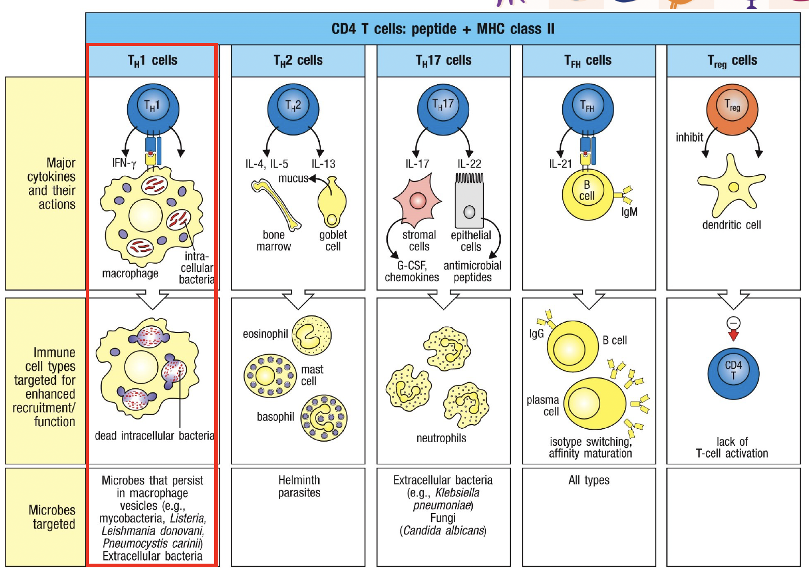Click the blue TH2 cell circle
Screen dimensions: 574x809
click(x=293, y=109)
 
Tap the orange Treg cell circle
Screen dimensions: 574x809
click(x=732, y=109)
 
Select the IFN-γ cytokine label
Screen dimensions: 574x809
click(x=124, y=163)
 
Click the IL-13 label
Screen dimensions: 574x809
click(x=323, y=164)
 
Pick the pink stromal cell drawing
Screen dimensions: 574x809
click(x=418, y=200)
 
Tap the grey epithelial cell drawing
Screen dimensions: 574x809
click(x=469, y=202)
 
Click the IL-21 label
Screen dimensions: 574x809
click(x=560, y=164)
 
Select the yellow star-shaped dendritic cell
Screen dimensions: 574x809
click(x=731, y=186)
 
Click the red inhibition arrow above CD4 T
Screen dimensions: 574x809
click(x=733, y=336)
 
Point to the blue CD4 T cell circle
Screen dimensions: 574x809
click(x=733, y=373)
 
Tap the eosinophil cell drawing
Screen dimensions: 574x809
click(x=311, y=336)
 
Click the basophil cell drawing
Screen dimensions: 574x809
click(x=324, y=418)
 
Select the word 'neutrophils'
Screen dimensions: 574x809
click(x=441, y=439)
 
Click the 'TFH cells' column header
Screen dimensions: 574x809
click(x=588, y=61)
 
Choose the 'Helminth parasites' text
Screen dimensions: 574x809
click(x=299, y=486)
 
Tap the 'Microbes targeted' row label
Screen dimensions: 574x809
click(x=52, y=517)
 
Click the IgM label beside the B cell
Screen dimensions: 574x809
click(x=630, y=212)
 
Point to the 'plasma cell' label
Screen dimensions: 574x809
click(x=543, y=405)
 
